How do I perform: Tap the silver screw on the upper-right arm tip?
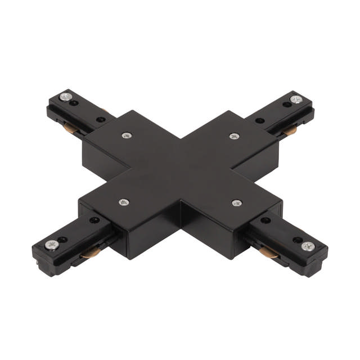point(296,100)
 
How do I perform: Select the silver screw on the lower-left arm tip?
point(51,245)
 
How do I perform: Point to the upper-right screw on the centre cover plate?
point(233,136)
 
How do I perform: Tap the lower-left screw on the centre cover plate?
point(123,202)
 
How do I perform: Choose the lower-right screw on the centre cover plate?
point(236,202)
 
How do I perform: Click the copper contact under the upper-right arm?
point(290,131)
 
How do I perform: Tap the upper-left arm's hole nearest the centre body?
point(101,120)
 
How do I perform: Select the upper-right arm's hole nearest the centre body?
point(259,120)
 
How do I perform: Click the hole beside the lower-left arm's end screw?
point(63,240)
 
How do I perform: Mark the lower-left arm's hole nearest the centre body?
point(94,221)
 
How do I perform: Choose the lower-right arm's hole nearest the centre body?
point(264,220)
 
